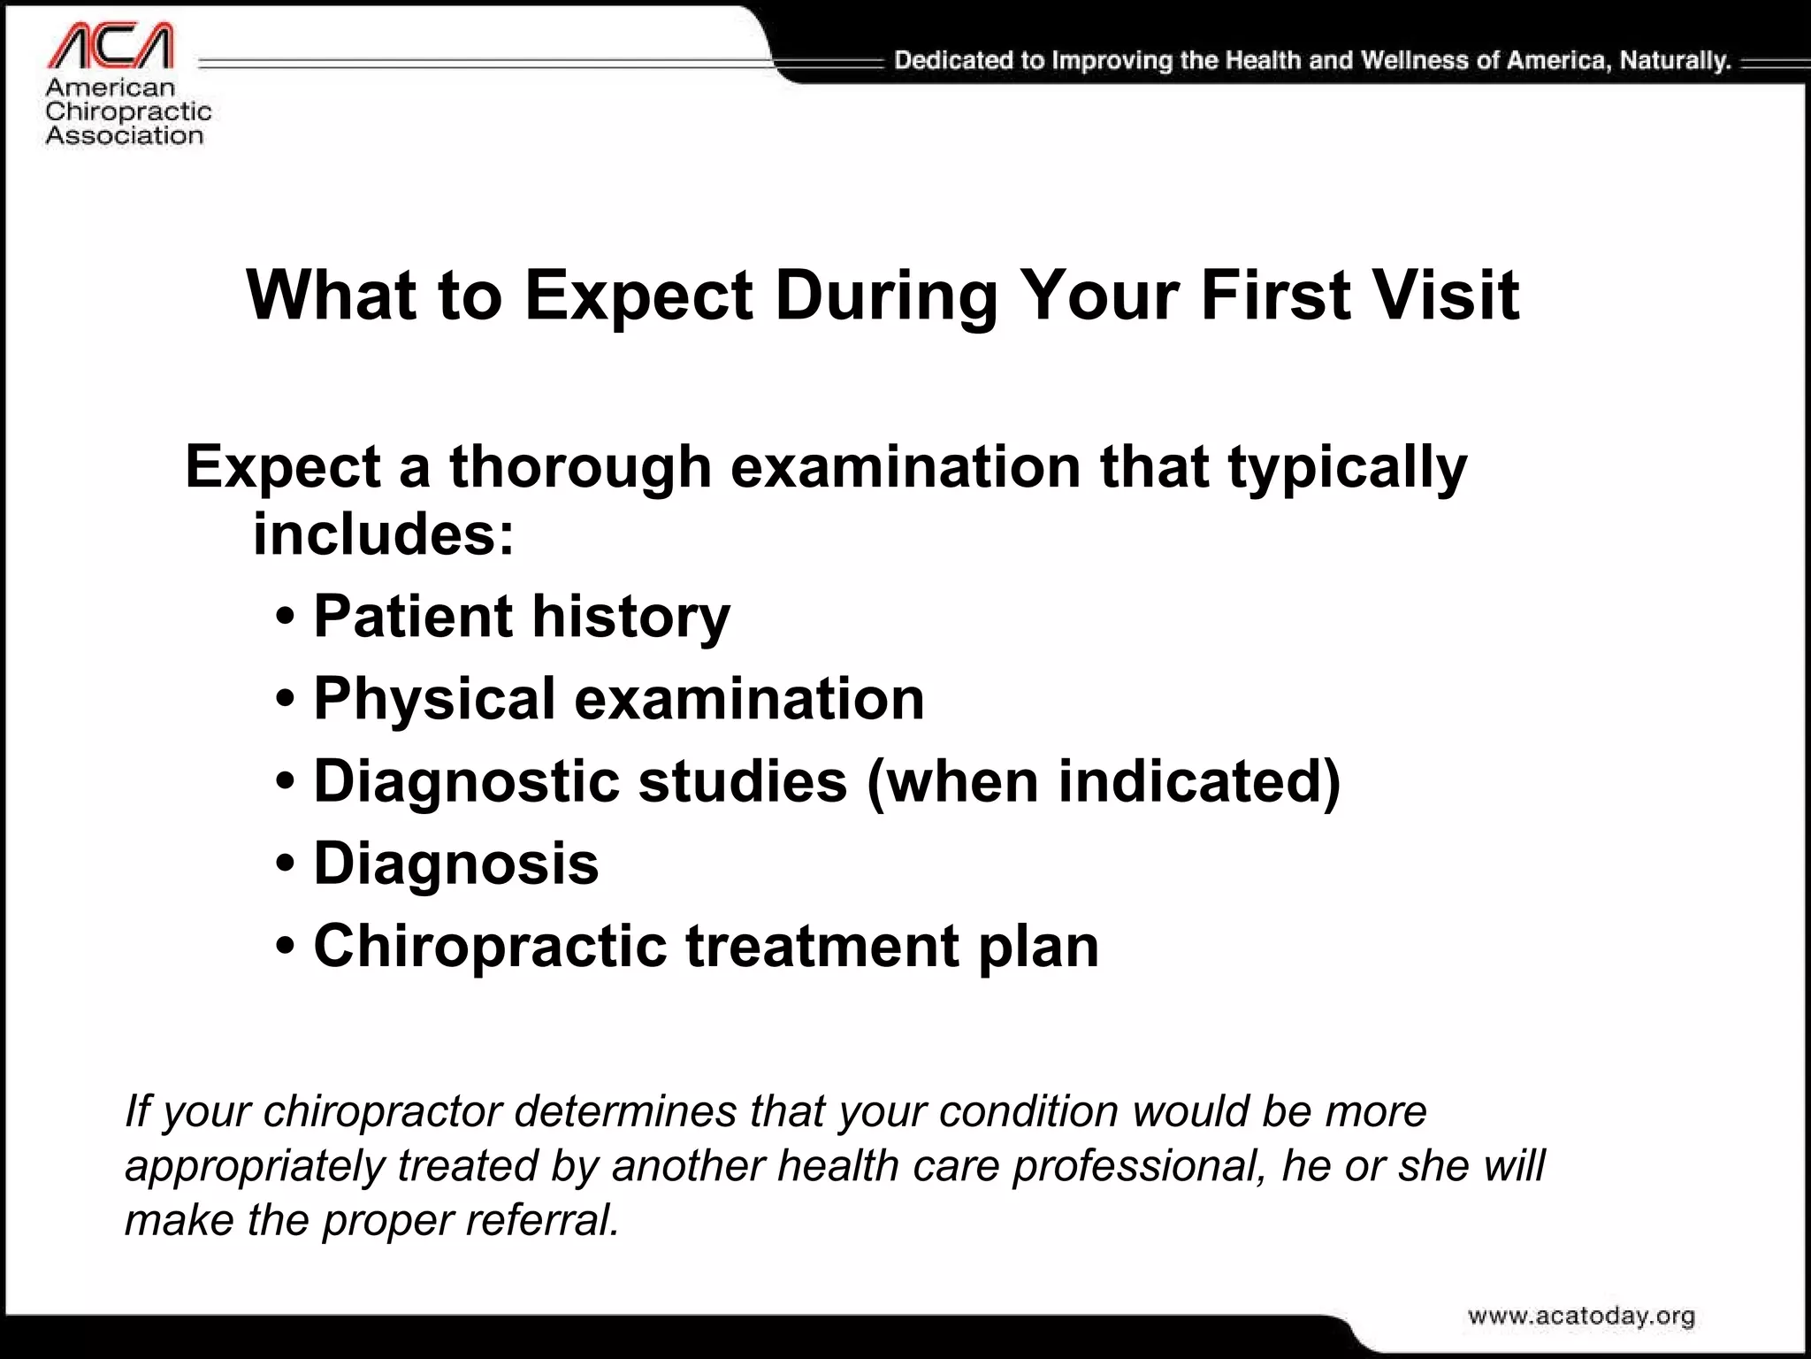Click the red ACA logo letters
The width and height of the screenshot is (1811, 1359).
[x=110, y=46]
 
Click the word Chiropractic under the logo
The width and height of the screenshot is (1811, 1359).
[x=128, y=111]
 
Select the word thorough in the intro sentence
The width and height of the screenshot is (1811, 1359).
[x=580, y=467]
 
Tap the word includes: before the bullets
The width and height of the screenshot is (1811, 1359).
[x=383, y=534]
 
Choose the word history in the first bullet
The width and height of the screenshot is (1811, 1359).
[x=631, y=617]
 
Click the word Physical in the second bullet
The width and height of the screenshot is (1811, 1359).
[x=434, y=700]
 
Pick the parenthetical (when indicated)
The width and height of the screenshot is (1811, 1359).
[x=1104, y=782]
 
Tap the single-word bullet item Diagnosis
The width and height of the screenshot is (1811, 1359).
[x=456, y=864]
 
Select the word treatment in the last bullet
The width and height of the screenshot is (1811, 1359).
[x=822, y=946]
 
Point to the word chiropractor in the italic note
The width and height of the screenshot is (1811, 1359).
[x=383, y=1112]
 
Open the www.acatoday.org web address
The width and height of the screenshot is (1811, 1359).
[x=1581, y=1317]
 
